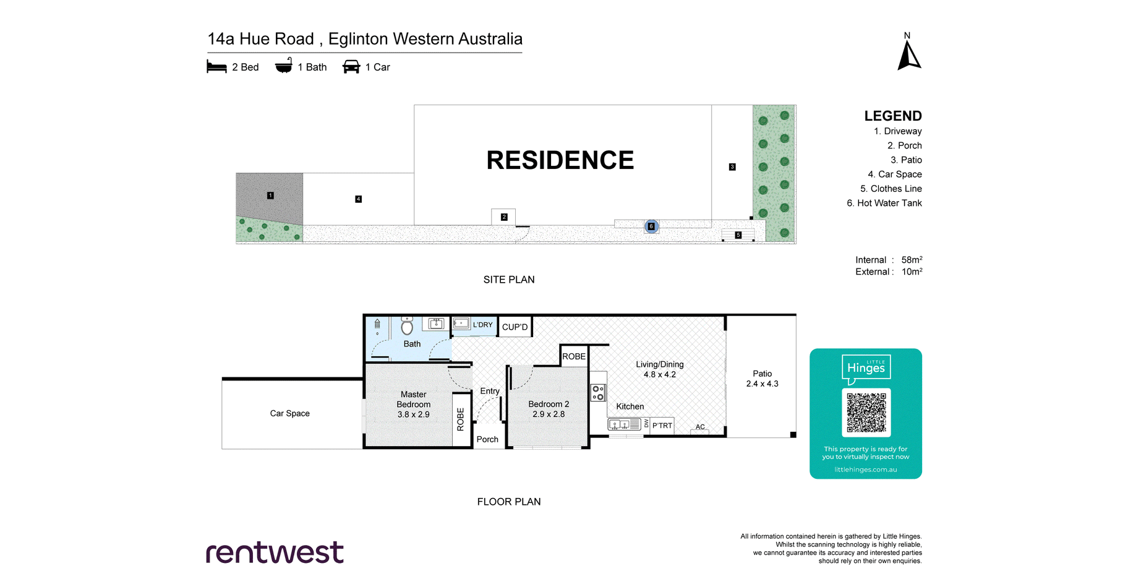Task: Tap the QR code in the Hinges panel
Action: [866, 412]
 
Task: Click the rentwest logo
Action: [275, 552]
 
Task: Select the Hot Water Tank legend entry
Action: [884, 203]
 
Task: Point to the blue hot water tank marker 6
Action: [651, 226]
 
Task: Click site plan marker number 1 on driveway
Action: [270, 195]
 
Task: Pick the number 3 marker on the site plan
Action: [732, 167]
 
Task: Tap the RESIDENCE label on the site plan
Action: [560, 160]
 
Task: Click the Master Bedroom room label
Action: [414, 399]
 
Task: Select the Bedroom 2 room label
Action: [549, 404]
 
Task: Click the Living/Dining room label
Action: [660, 364]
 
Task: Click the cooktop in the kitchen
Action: [598, 393]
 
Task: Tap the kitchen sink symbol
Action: [624, 424]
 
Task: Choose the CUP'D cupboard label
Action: [515, 327]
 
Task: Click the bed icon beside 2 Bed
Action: [216, 67]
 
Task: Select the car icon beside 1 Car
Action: [351, 67]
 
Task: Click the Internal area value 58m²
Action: [912, 260]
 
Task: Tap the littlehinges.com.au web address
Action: [866, 470]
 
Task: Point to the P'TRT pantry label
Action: [662, 426]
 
